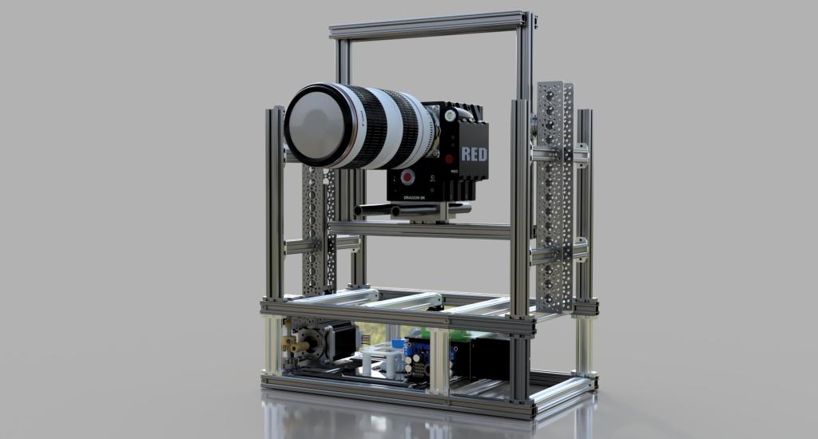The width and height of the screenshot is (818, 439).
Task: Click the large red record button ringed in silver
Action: tap(408, 176)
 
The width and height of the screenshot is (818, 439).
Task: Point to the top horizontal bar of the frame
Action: tap(427, 25)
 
